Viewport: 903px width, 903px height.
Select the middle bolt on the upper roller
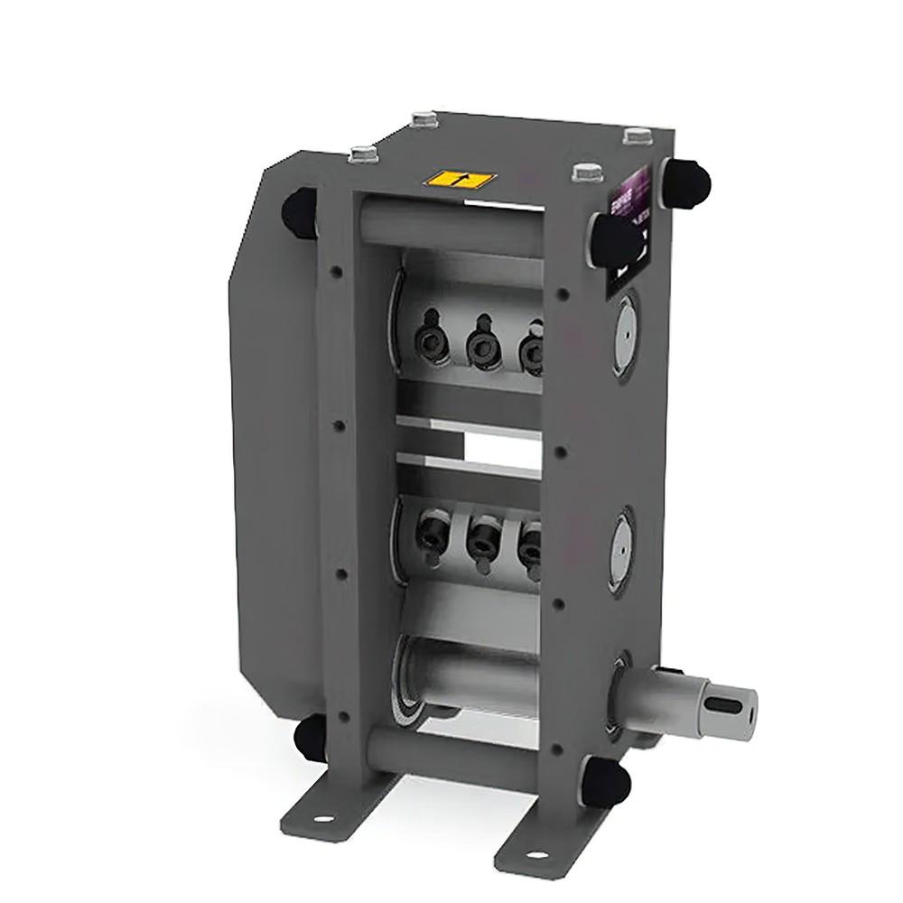[x=479, y=344]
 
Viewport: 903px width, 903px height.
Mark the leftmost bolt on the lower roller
[x=425, y=533]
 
